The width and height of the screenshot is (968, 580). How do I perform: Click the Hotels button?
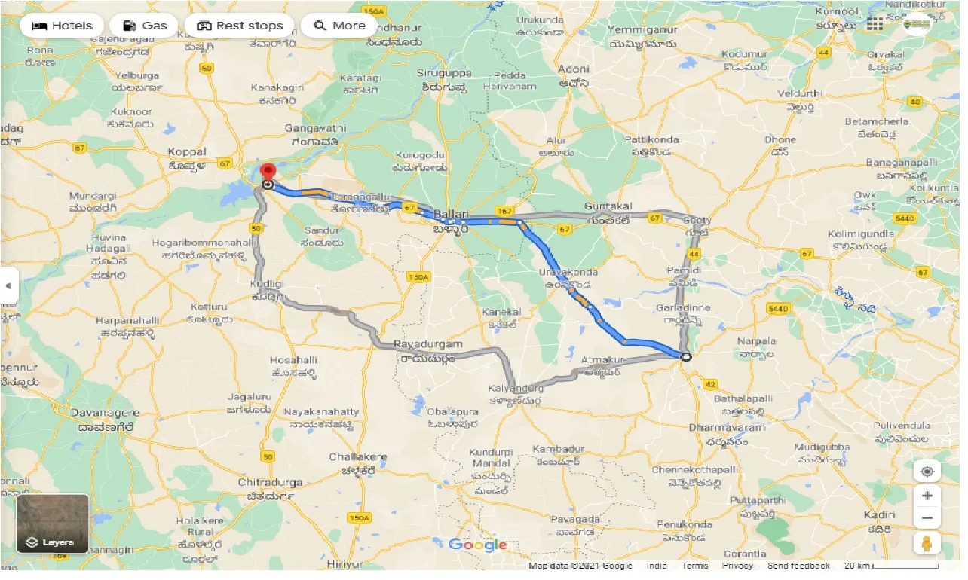(x=62, y=26)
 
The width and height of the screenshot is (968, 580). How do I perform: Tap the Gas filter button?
(x=144, y=26)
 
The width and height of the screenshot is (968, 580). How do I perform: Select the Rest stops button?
(x=239, y=26)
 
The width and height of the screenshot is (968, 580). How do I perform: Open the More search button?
(x=339, y=26)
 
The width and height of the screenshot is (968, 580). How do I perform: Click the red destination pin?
(x=268, y=171)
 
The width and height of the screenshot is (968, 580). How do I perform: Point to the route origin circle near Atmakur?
(x=685, y=357)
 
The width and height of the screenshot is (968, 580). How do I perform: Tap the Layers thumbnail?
(x=53, y=524)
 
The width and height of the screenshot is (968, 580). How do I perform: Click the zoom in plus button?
(x=927, y=496)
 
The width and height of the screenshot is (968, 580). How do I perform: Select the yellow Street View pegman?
(x=927, y=542)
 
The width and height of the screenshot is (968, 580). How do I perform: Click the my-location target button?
(x=927, y=472)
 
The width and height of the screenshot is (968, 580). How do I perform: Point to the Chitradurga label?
(x=269, y=482)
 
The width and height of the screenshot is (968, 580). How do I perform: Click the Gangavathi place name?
(x=315, y=128)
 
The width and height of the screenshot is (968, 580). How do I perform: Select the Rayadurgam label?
(x=427, y=344)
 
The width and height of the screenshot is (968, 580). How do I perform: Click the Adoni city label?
(x=573, y=69)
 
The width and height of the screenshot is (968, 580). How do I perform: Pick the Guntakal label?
(x=608, y=206)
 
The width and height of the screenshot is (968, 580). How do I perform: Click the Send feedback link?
(x=798, y=566)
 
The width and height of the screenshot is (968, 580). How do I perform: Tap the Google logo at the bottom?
(x=477, y=545)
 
